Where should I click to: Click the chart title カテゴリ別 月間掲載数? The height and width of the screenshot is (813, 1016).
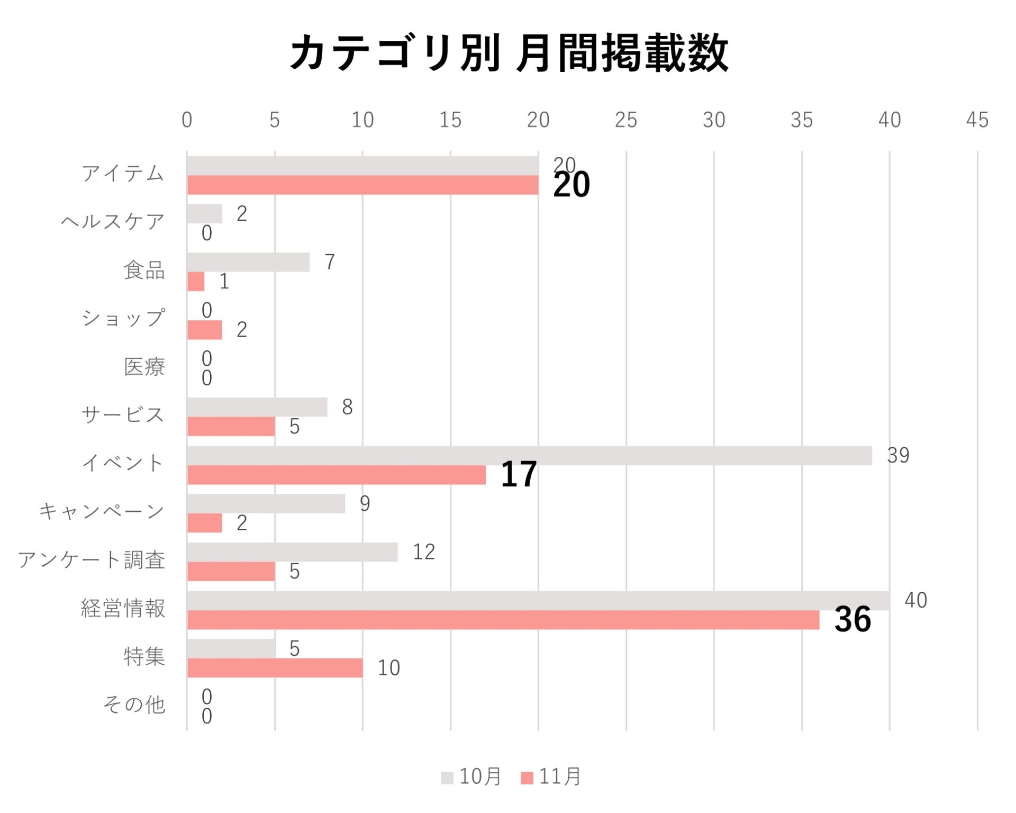(509, 53)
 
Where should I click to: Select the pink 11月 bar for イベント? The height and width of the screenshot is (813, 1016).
(337, 475)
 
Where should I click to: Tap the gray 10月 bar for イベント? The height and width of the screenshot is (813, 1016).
(529, 456)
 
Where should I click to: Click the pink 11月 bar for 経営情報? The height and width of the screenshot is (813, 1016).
(503, 620)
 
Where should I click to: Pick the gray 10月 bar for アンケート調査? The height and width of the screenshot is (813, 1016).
(292, 552)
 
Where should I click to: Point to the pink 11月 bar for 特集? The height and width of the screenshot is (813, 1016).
(275, 668)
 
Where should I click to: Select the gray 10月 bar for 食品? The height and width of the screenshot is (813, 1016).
(248, 262)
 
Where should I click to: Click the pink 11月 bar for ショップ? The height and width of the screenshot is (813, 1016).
(205, 330)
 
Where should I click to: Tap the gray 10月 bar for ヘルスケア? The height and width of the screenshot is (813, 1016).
(205, 214)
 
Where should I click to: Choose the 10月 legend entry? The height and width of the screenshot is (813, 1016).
(471, 777)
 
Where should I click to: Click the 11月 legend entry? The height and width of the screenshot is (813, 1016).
(551, 777)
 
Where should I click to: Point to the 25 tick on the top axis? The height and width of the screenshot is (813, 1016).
(625, 120)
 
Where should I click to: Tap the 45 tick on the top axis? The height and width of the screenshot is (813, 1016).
(977, 120)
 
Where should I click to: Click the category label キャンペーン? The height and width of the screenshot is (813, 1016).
(102, 511)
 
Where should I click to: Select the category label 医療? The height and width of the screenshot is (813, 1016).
(144, 367)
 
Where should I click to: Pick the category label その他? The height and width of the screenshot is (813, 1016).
(134, 705)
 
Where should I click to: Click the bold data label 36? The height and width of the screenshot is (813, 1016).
(852, 619)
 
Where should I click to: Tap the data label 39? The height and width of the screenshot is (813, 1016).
(898, 455)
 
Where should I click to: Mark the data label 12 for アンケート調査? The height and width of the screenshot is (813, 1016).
(424, 552)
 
